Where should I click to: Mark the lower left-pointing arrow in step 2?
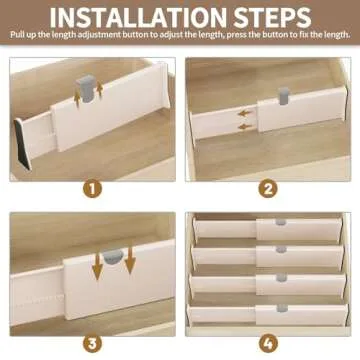click(244, 127)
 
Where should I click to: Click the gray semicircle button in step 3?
click(117, 255)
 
